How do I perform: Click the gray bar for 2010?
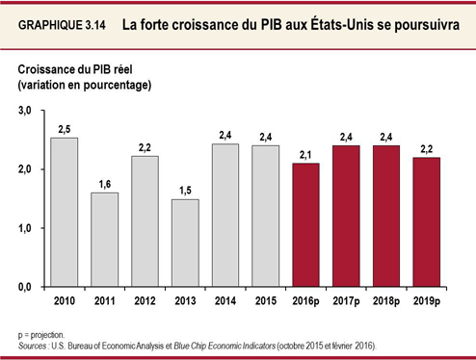[64, 213]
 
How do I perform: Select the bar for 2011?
[105, 240]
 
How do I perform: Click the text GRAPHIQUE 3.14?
[63, 26]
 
